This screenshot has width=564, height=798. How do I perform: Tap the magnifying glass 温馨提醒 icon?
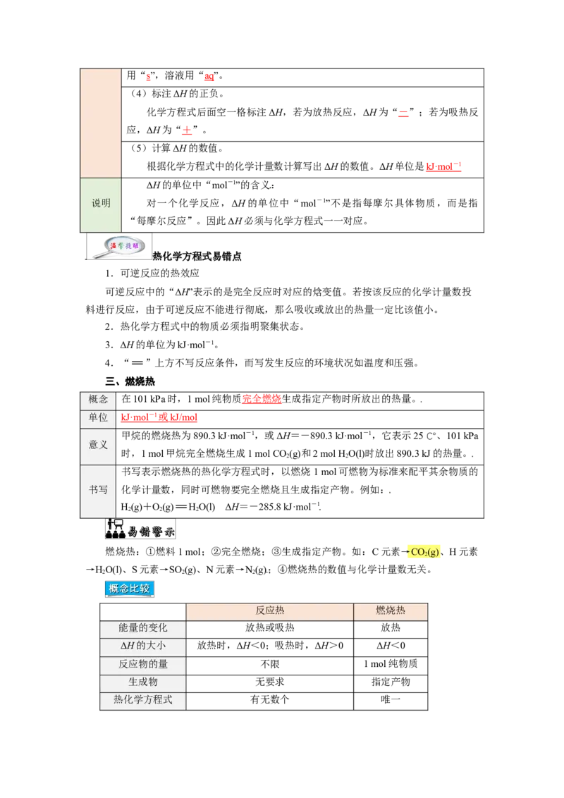tap(119, 247)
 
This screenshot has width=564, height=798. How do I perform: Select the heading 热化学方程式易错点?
tap(197, 257)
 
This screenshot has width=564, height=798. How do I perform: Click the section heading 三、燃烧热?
tap(130, 381)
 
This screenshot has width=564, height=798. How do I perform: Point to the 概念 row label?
tap(98, 400)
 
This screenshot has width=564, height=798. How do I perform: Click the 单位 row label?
tap(98, 418)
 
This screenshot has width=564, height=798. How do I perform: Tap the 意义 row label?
tap(98, 445)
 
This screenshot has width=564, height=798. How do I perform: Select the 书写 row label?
tap(98, 490)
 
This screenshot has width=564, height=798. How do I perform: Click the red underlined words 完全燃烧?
tap(262, 400)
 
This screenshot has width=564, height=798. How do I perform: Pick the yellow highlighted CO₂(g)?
tap(425, 552)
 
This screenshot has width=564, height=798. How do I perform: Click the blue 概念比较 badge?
tap(129, 589)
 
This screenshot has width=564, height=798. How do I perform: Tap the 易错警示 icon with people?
tap(140, 529)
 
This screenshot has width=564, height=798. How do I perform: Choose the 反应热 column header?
tap(270, 610)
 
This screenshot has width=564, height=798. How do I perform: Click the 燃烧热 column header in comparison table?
tap(391, 610)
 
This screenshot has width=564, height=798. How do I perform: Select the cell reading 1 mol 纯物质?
tap(391, 663)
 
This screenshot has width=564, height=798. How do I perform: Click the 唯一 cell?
tap(391, 699)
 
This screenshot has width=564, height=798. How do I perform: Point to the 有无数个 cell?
tap(270, 699)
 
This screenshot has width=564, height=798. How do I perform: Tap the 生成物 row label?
tap(143, 682)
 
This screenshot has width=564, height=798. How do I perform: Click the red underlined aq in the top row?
tap(209, 76)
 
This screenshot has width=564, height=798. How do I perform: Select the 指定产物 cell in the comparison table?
tap(391, 682)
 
